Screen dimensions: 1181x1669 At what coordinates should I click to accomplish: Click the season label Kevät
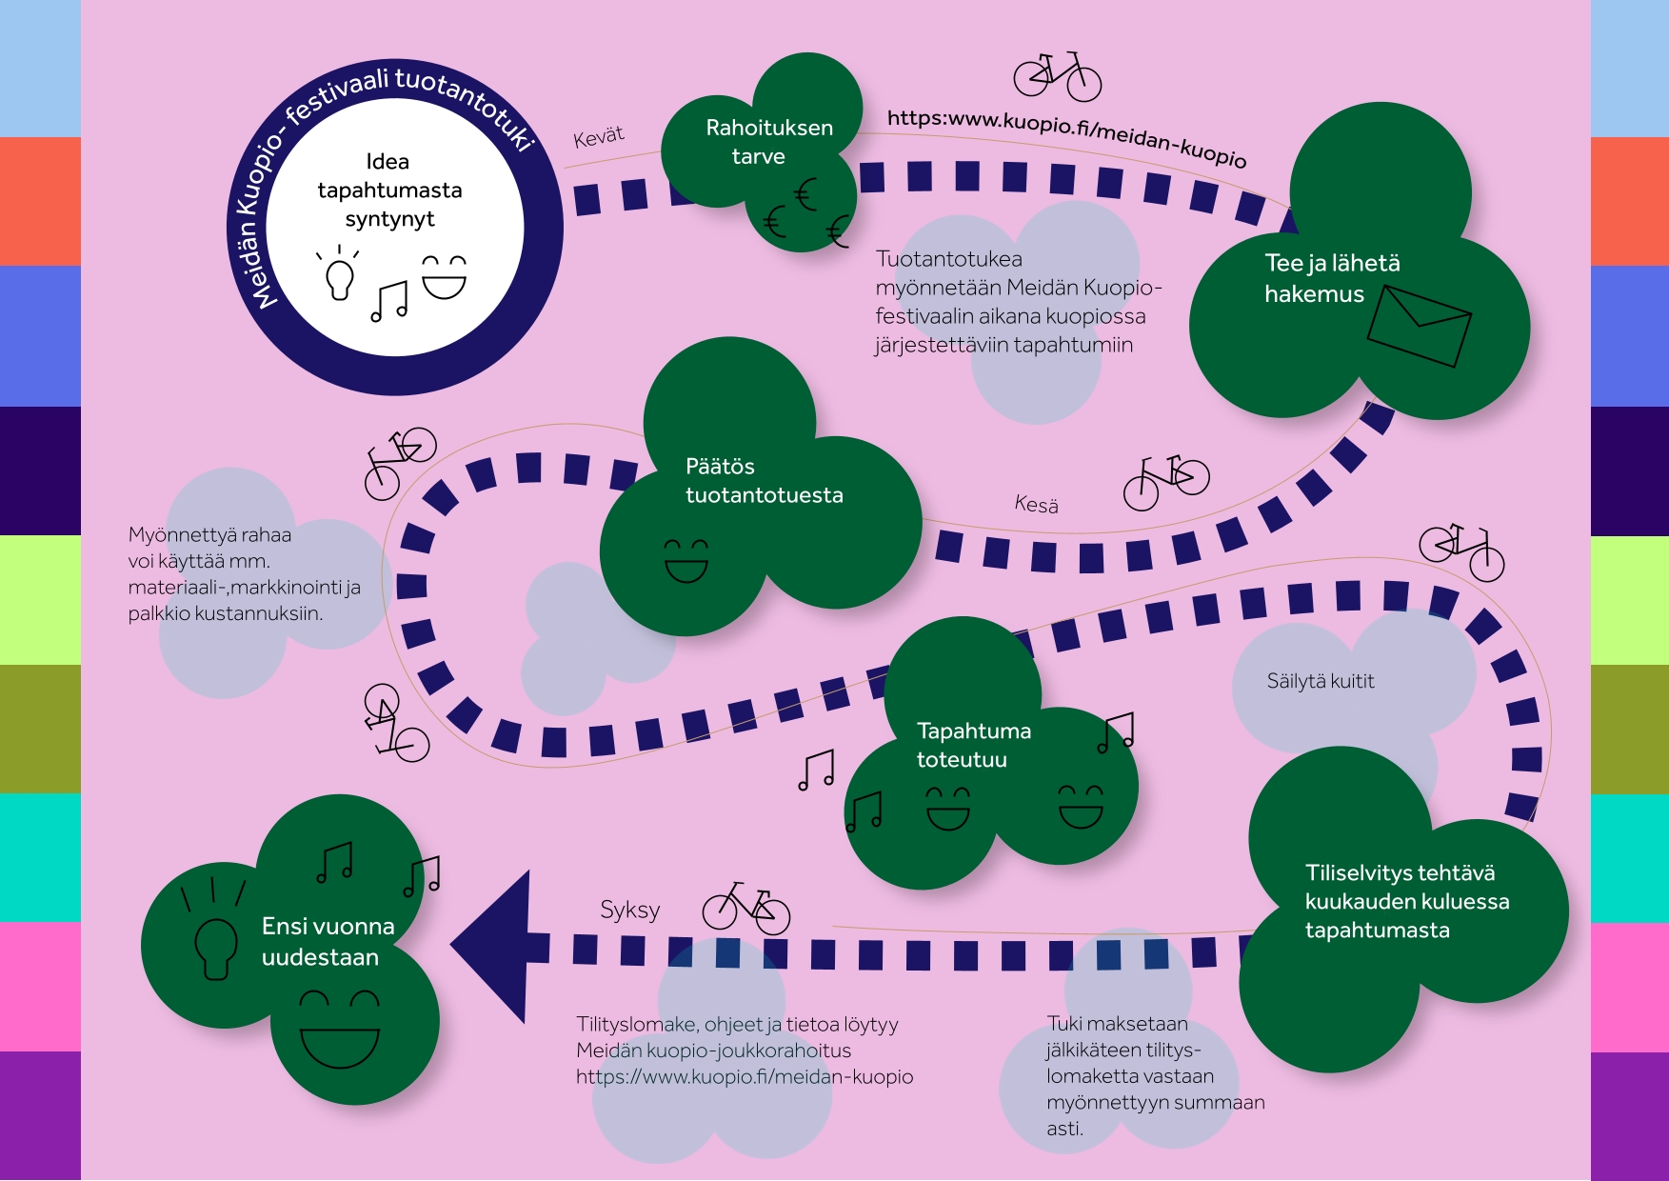599,137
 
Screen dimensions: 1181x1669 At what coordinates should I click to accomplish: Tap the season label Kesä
1036,504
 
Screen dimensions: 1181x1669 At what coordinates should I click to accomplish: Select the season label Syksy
629,911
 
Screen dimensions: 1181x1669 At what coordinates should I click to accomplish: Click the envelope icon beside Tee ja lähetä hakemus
1419,326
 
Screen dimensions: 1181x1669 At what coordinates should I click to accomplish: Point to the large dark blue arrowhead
495,947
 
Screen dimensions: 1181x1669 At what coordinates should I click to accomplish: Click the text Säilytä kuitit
1320,681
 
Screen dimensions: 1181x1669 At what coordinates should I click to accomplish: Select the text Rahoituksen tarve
768,142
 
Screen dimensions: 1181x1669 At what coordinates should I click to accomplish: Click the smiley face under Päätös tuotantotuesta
686,561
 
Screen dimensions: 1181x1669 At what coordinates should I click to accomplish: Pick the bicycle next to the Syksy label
746,908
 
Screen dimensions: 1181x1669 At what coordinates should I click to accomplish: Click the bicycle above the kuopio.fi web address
1057,76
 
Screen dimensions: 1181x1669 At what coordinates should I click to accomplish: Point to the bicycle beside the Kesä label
1166,481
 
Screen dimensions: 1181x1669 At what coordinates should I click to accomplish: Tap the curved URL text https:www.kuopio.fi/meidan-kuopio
1066,136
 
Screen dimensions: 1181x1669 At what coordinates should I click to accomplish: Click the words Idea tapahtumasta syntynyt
389,190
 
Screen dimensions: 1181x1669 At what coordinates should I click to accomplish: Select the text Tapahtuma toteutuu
973,745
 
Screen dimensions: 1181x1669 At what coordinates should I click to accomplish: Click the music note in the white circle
389,301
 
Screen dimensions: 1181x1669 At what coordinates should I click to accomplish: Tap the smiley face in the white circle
444,277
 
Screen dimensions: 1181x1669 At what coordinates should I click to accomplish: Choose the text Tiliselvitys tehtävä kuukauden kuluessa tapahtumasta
1406,901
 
